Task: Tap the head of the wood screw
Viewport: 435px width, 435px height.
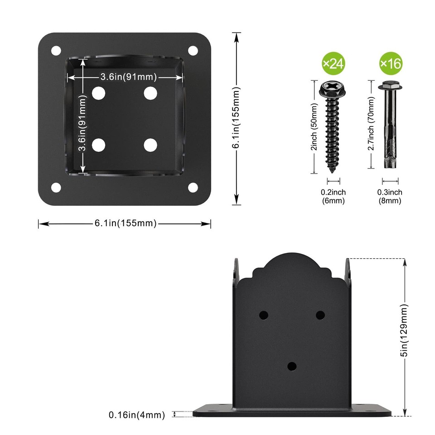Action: point(334,89)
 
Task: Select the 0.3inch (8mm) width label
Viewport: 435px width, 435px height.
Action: point(390,197)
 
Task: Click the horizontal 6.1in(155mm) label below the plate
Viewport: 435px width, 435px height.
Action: point(125,223)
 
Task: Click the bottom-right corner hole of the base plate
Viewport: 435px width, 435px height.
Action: point(193,187)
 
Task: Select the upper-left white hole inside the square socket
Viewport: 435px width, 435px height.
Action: point(98,93)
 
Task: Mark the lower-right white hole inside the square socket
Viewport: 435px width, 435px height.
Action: point(150,145)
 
